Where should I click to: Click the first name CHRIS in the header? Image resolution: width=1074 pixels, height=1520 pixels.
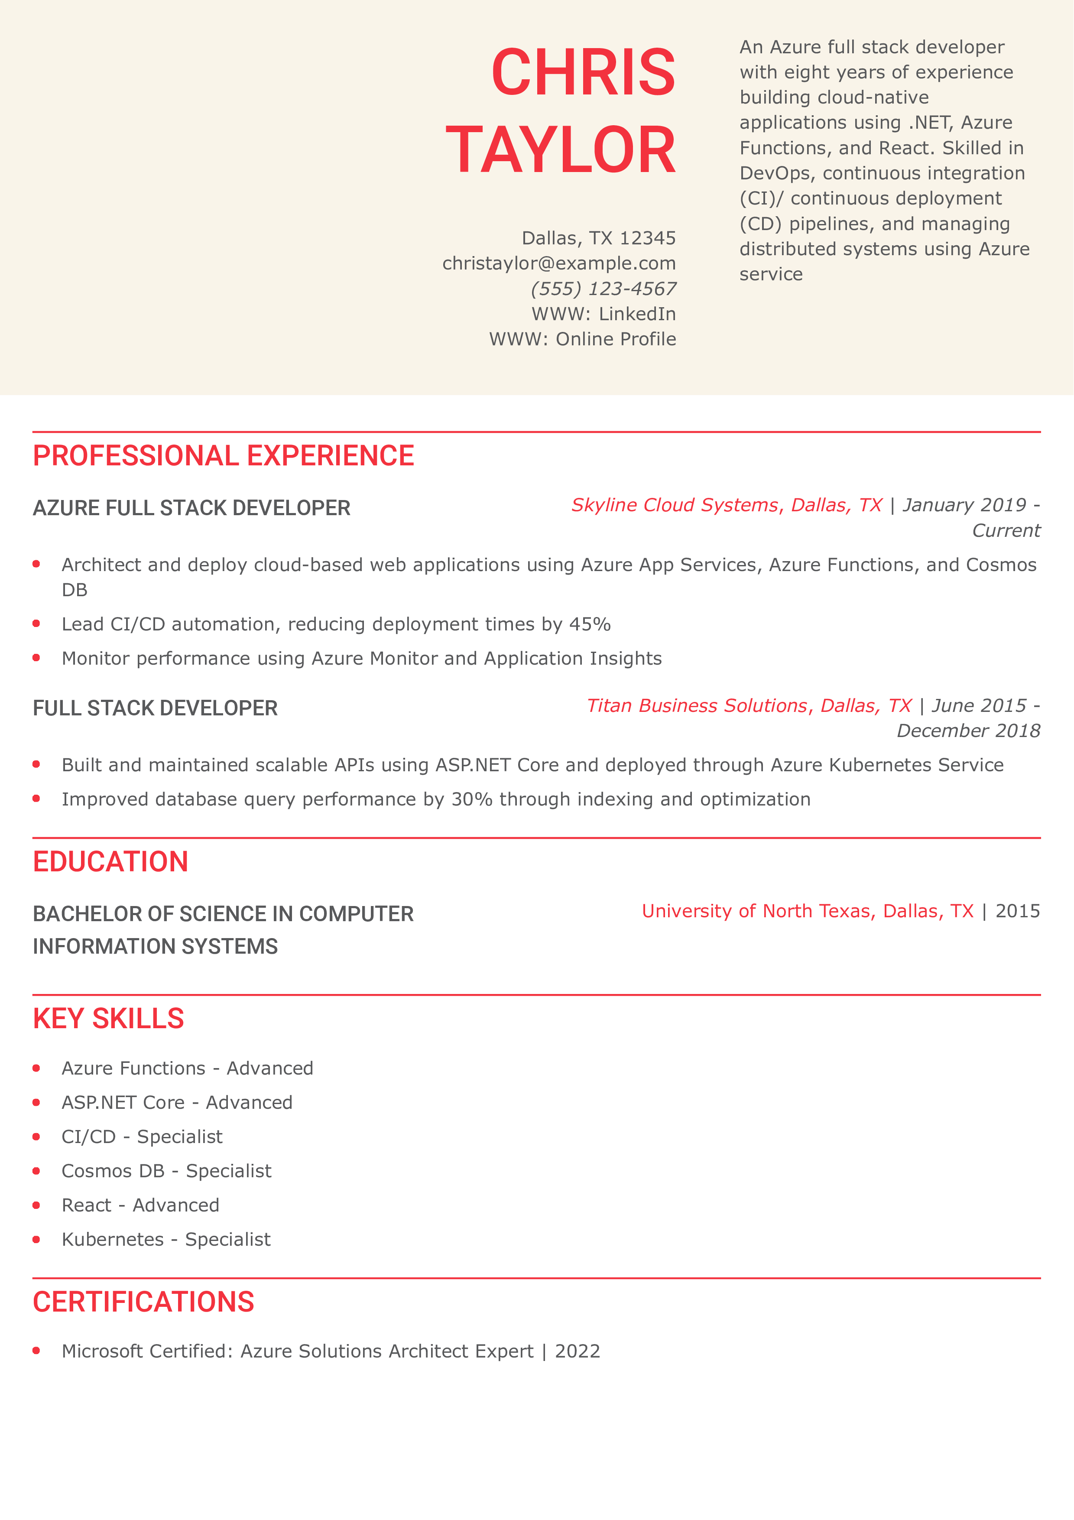(x=583, y=72)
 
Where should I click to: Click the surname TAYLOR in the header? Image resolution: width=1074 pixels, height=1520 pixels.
(x=561, y=150)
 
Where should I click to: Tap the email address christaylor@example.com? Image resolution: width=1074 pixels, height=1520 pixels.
(x=559, y=263)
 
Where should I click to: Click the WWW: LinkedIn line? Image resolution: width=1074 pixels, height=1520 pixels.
(x=604, y=314)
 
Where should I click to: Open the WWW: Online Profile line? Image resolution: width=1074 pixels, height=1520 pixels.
(x=582, y=339)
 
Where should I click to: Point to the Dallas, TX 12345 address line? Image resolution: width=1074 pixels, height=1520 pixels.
(x=599, y=238)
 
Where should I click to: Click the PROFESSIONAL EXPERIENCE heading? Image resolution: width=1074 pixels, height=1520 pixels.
(x=223, y=456)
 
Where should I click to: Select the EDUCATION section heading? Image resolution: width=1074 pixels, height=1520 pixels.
(x=110, y=862)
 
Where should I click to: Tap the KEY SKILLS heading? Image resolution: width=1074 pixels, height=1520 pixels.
(x=108, y=1019)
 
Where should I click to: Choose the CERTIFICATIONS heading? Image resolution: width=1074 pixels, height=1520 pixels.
(x=143, y=1302)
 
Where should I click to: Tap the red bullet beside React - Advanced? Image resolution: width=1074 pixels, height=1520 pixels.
(x=36, y=1205)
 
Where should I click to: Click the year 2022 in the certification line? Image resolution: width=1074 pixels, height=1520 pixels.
(x=577, y=1351)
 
